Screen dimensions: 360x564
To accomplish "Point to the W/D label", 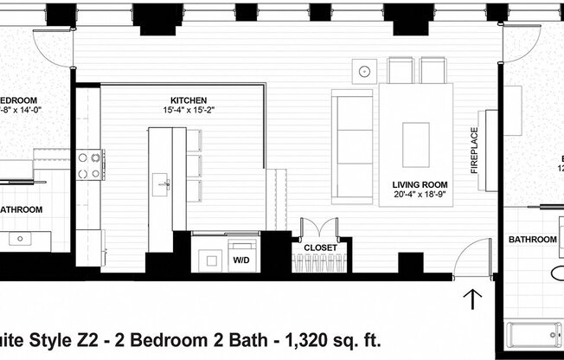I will tap(240, 259).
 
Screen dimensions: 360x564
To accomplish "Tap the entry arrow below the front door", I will tap(473, 299).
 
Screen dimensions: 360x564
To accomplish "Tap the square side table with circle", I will tap(366, 68).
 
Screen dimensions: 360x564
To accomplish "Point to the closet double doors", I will tap(319, 228).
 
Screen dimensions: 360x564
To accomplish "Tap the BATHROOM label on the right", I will tap(532, 239).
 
